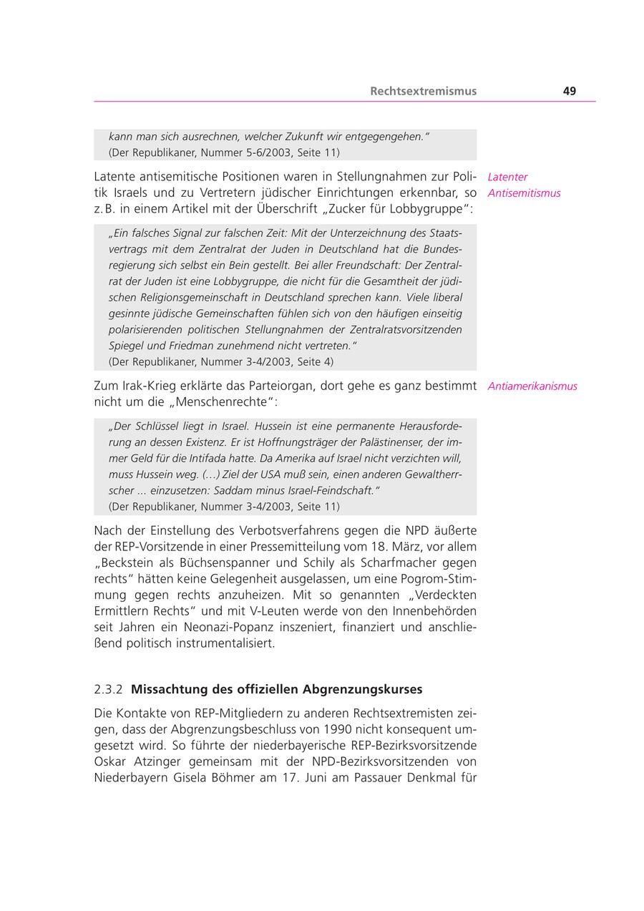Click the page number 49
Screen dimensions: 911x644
(569, 91)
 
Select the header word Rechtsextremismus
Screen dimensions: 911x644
(423, 91)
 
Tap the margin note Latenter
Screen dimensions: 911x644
(507, 177)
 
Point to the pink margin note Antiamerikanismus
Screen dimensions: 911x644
(532, 386)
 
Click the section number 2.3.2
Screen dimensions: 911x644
(108, 689)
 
